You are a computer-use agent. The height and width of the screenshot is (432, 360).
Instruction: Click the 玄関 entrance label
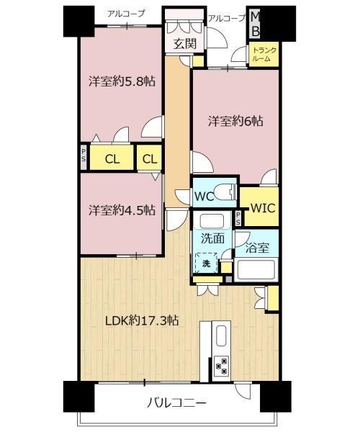click(184, 43)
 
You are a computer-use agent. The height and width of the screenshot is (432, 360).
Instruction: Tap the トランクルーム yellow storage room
click(264, 54)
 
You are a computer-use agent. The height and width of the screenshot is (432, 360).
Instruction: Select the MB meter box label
click(256, 25)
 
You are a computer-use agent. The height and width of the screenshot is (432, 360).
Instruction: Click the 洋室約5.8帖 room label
click(122, 81)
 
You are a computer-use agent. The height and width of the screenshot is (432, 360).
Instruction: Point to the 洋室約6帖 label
click(235, 121)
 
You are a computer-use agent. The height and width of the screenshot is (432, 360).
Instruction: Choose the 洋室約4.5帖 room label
click(122, 210)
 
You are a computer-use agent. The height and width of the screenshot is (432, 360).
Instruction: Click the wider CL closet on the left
click(112, 158)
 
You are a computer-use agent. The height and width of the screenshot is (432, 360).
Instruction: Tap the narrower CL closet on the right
click(149, 158)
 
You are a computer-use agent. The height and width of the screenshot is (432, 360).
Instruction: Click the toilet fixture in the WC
click(225, 192)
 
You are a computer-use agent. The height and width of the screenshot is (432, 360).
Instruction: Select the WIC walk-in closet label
click(262, 208)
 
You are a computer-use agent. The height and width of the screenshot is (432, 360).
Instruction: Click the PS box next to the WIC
click(238, 218)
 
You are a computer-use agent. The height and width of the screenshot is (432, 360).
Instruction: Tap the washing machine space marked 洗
click(207, 263)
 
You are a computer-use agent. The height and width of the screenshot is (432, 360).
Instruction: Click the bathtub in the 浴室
click(256, 269)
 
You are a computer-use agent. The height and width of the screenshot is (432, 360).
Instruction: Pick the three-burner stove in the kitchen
click(222, 365)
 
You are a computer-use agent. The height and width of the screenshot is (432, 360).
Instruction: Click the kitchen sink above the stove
click(222, 336)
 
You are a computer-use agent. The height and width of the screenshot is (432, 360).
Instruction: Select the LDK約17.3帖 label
click(142, 320)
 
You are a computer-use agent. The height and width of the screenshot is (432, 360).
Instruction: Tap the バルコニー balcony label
click(176, 403)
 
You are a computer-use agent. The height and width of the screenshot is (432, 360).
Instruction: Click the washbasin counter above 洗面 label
click(212, 220)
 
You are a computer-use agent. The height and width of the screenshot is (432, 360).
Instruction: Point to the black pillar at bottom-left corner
click(78, 397)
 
